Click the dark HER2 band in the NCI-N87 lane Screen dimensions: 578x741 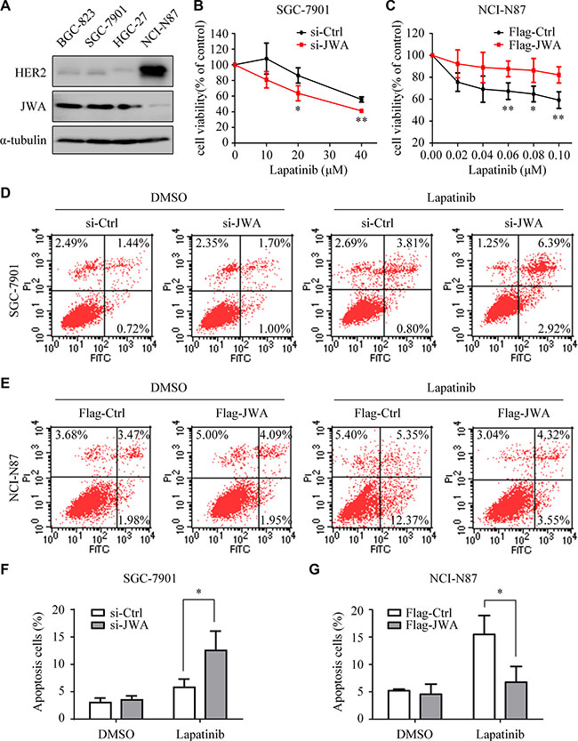[154, 71]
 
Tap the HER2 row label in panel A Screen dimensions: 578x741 [31, 73]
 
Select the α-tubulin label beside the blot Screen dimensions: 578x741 [24, 140]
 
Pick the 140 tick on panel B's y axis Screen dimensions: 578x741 [221, 34]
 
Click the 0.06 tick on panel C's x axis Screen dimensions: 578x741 [508, 155]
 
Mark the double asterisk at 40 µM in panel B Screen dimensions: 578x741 [361, 120]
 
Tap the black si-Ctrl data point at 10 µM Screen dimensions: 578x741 [267, 59]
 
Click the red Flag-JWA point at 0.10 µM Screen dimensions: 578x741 [559, 75]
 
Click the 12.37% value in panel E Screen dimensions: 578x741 [409, 520]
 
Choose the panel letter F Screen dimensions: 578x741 [5, 569]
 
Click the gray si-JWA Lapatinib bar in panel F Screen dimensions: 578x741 [215, 684]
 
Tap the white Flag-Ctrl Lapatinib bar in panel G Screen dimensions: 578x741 [484, 676]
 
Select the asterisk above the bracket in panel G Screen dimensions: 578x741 [500, 592]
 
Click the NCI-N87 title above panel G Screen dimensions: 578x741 [454, 578]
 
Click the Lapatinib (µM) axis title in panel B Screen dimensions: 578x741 [309, 170]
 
